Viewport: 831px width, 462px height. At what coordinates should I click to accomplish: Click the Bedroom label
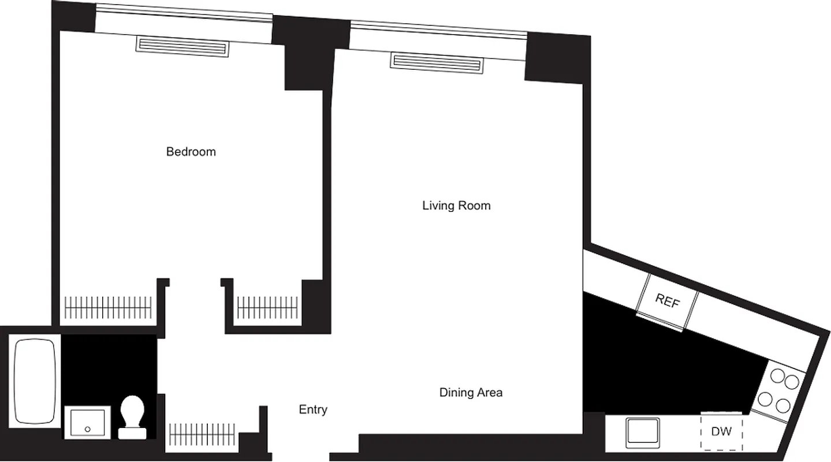191,152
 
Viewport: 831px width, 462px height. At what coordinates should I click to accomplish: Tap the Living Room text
456,206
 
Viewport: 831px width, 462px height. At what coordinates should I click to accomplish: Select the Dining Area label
471,393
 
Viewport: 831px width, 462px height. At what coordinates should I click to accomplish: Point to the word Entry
313,409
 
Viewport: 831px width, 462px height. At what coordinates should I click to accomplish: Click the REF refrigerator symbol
667,301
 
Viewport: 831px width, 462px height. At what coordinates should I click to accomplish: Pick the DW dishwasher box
722,431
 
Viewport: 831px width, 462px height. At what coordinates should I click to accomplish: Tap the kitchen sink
643,432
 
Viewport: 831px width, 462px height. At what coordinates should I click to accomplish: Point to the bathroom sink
87,423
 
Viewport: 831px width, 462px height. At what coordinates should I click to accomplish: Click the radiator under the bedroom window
183,46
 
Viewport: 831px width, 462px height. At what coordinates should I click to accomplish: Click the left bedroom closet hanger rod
108,307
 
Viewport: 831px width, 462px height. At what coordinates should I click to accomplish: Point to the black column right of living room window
556,58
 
